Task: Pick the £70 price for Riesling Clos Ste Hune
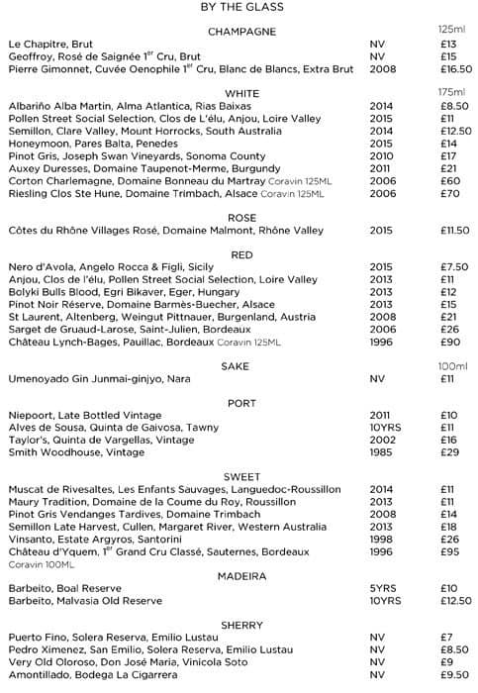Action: click(448, 193)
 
